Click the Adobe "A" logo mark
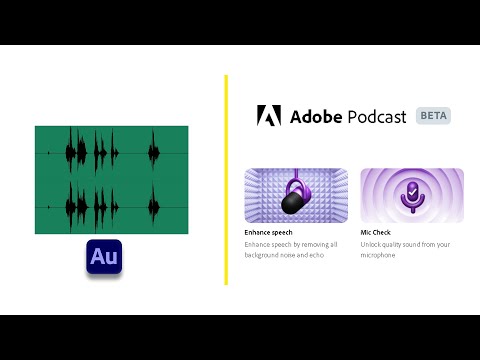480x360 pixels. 269,116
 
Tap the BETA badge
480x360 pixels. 433,115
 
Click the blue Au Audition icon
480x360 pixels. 103,257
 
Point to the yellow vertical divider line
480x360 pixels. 226,180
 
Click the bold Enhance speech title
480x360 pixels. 274,232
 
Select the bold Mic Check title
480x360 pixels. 379,232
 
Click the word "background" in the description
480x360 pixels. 265,255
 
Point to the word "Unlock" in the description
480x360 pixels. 372,244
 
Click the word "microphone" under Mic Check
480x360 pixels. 378,255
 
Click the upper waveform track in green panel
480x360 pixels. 111,153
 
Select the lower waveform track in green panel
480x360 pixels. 111,206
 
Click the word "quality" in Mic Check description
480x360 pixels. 399,244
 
